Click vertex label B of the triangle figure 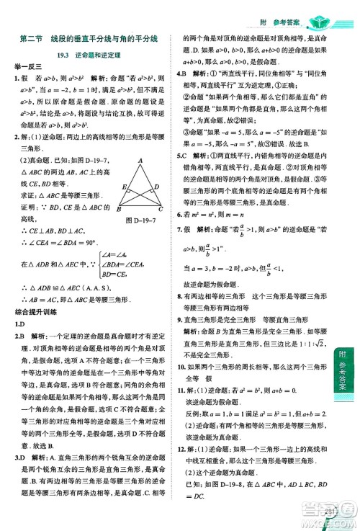click(x=117, y=208)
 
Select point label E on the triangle click(x=125, y=186)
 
